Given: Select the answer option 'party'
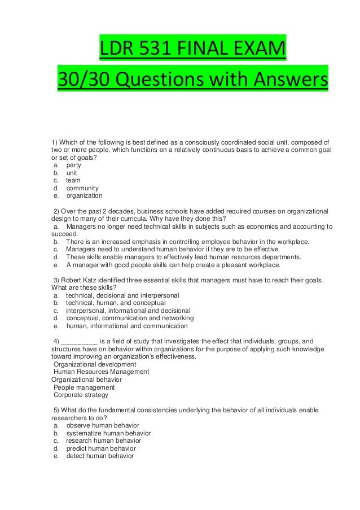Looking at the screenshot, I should tap(73, 165).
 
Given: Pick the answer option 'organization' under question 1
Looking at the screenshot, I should tap(84, 196).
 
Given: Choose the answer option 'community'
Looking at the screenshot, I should tap(82, 188).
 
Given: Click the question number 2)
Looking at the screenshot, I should tap(57, 211).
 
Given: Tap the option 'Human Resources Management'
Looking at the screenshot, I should tap(101, 372).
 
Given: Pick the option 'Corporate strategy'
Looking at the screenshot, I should tap(81, 395).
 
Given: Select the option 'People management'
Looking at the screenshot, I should tap(84, 387).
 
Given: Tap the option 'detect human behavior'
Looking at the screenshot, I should tap(100, 456).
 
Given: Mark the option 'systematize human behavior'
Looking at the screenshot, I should tap(108, 433).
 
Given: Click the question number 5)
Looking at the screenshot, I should tap(57, 409).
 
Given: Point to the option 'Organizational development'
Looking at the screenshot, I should tap(95, 364).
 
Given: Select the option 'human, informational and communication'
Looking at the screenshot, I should tap(127, 326).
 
